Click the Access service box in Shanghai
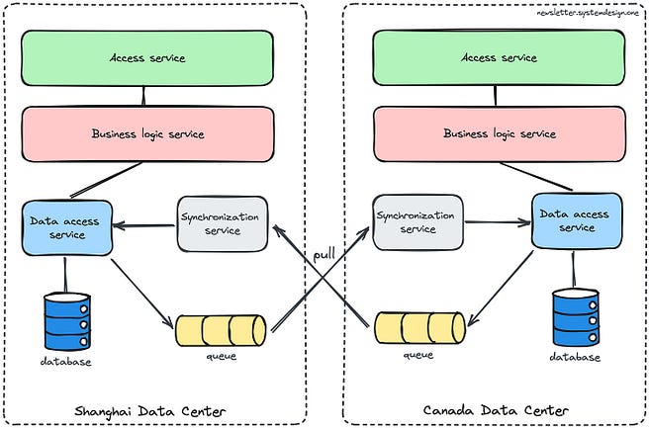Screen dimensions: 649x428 click(x=147, y=58)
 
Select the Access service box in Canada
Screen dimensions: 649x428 click(x=499, y=57)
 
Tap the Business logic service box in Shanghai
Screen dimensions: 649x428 click(x=147, y=134)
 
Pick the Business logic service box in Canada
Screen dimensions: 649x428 click(x=500, y=133)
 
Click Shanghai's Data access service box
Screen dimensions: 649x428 click(x=67, y=228)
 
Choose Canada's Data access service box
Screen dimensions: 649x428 click(x=577, y=220)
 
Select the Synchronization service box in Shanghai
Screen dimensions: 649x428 click(x=223, y=223)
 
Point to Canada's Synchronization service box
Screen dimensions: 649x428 click(x=418, y=222)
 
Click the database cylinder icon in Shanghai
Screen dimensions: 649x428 click(x=67, y=321)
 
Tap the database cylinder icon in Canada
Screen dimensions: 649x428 click(x=576, y=317)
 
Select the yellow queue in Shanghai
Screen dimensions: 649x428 click(x=221, y=330)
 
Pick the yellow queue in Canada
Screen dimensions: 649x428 click(x=420, y=328)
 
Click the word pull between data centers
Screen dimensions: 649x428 click(x=324, y=254)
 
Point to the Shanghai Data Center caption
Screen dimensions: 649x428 click(x=150, y=411)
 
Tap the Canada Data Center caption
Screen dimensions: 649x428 click(x=496, y=410)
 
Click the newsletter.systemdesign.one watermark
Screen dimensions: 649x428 click(x=588, y=13)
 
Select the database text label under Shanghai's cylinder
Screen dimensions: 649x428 click(x=66, y=362)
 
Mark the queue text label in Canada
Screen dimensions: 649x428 click(x=418, y=355)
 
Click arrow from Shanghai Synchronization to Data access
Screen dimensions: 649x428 click(x=144, y=225)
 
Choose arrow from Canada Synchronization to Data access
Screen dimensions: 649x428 click(x=498, y=222)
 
